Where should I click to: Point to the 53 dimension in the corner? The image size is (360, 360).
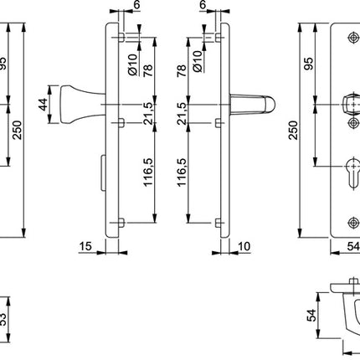4,319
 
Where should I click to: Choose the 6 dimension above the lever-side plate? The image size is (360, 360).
203,5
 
